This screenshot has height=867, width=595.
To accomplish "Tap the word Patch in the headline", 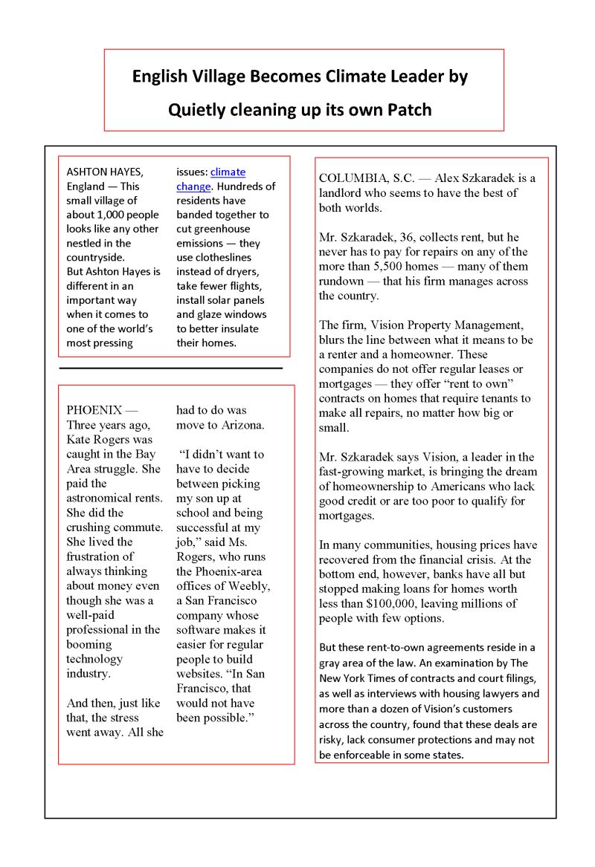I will tap(409, 110).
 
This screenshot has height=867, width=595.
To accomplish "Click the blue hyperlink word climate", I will tap(228, 172).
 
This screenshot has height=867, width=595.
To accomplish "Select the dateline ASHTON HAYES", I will tap(104, 172).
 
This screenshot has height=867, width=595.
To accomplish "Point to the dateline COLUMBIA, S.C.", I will tap(365, 178).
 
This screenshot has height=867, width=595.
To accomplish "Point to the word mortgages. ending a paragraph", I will tap(346, 516).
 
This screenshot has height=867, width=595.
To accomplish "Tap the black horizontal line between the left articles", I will tap(170, 368).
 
